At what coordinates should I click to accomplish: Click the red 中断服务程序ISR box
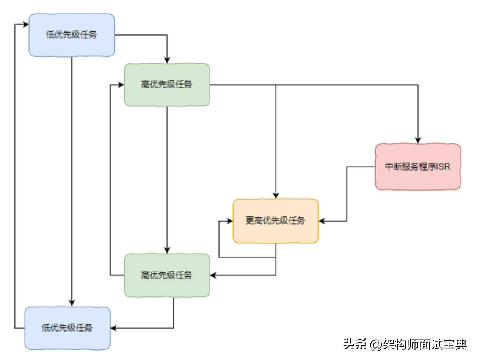coord(418,167)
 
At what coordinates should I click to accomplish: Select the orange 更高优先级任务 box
coord(276,221)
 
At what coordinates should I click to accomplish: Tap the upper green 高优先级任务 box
coord(167,85)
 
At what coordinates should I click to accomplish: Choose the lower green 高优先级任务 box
coord(167,275)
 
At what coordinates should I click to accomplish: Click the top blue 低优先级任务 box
coord(72,35)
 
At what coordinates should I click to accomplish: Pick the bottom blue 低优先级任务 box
coord(67,328)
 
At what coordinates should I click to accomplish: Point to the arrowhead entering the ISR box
coord(418,140)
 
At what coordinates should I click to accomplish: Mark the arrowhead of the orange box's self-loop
coord(229,221)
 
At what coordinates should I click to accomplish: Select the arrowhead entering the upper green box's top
coord(167,60)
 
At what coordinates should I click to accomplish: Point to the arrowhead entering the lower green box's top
coord(167,250)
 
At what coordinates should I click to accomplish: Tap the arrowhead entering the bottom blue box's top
coord(72,303)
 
